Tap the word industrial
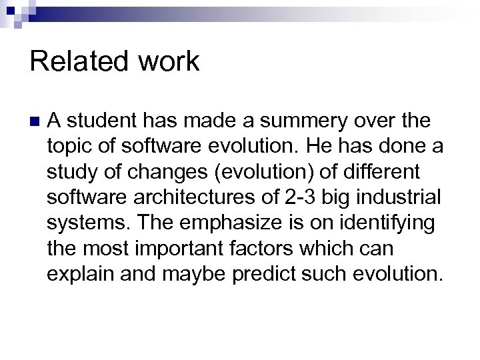pyautogui.click(x=405, y=197)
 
